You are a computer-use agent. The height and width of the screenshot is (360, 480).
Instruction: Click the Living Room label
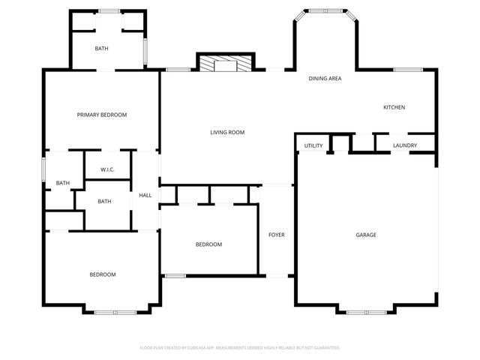pyautogui.click(x=227, y=133)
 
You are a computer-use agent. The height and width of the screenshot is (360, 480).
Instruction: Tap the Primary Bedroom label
pyautogui.click(x=102, y=115)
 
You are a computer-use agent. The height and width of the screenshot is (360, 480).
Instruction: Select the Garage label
pyautogui.click(x=366, y=235)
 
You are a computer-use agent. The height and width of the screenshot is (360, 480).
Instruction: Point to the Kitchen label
pyautogui.click(x=394, y=107)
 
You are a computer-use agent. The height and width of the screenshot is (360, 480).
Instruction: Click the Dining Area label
pyautogui.click(x=325, y=78)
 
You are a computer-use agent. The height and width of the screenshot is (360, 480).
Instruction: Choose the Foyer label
pyautogui.click(x=277, y=235)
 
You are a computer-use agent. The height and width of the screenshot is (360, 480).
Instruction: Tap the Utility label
pyautogui.click(x=313, y=145)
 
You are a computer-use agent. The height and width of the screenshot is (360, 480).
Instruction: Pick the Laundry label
pyautogui.click(x=405, y=145)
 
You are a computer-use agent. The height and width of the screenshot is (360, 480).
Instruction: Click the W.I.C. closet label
pyautogui.click(x=106, y=169)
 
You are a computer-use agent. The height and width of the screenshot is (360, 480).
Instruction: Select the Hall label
pyautogui.click(x=145, y=196)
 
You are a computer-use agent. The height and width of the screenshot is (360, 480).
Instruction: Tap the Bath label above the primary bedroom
pyautogui.click(x=102, y=49)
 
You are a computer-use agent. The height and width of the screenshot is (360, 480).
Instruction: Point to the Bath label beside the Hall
pyautogui.click(x=104, y=201)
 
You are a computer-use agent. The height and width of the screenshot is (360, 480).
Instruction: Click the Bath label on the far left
pyautogui.click(x=63, y=183)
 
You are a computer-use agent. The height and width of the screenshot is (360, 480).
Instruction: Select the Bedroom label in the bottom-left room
pyautogui.click(x=103, y=274)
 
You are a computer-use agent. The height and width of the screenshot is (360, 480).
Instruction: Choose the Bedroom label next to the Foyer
pyautogui.click(x=208, y=244)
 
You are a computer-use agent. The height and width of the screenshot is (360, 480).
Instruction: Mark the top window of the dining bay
pyautogui.click(x=325, y=10)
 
